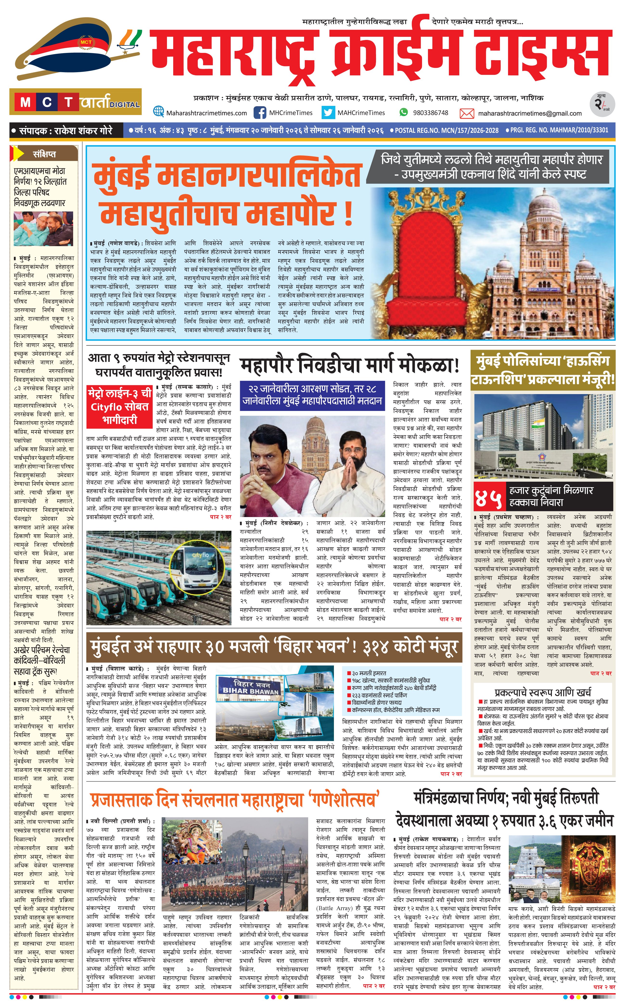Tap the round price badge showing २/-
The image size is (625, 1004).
(x=602, y=104)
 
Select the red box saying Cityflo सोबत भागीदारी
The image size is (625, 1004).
(x=120, y=407)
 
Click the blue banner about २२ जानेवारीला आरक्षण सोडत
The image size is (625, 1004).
(x=312, y=395)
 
